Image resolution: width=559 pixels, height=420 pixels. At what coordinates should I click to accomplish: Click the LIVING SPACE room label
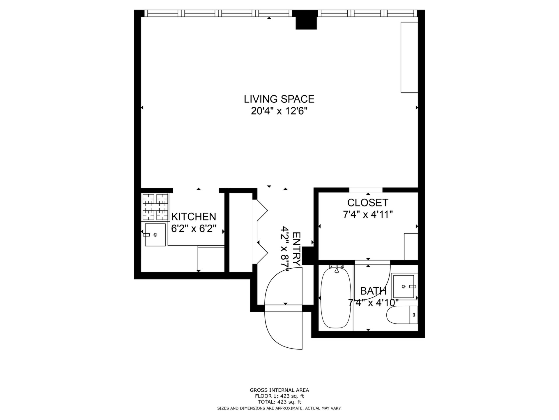(x=279, y=99)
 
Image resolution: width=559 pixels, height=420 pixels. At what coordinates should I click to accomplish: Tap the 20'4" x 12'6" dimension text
(x=279, y=111)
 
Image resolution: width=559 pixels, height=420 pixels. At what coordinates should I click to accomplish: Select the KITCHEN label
(x=194, y=217)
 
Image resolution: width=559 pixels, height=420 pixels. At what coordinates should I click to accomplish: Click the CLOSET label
(x=368, y=202)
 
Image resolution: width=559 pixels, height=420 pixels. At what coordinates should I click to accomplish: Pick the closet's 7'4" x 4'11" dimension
(x=368, y=215)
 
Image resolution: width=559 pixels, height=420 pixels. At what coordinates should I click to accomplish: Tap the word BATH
(x=373, y=291)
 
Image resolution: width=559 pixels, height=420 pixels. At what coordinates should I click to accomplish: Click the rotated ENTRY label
(x=296, y=249)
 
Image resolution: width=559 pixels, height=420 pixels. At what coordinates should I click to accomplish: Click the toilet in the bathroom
(x=402, y=315)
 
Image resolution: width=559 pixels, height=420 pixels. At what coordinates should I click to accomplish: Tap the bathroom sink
(x=404, y=287)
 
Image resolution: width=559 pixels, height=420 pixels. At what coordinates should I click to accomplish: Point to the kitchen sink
(x=155, y=235)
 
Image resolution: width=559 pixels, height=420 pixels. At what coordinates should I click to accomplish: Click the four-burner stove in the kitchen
(x=155, y=207)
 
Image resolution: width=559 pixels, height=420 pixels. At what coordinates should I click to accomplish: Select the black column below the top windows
(x=306, y=20)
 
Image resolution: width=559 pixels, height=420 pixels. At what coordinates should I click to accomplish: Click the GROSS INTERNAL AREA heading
(x=279, y=390)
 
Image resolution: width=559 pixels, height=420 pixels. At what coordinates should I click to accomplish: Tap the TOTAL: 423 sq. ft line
(x=279, y=402)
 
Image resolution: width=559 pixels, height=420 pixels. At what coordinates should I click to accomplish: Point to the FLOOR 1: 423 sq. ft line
(x=279, y=396)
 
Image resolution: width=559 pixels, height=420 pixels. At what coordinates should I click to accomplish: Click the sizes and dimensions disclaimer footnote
(x=279, y=409)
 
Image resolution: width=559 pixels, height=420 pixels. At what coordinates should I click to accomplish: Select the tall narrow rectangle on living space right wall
(x=409, y=57)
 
